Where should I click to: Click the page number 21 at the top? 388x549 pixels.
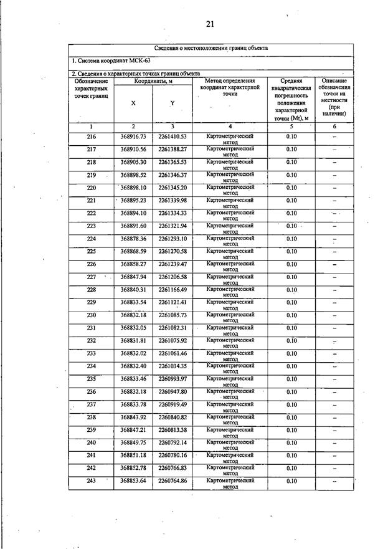pos(210,24)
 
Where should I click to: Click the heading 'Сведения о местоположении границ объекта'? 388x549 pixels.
pos(211,48)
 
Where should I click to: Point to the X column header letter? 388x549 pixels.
pos(133,103)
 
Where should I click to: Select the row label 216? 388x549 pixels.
pos(92,136)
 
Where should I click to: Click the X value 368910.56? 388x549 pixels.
pos(133,149)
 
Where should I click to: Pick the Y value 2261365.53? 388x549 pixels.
pos(173,162)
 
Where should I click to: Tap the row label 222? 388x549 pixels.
pos(92,213)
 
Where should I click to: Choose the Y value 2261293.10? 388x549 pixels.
pos(173,239)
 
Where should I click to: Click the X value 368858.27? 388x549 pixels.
pos(133,264)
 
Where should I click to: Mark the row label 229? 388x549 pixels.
pos(92,302)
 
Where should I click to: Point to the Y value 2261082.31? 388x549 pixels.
pos(173,328)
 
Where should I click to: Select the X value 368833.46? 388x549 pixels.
pos(133,379)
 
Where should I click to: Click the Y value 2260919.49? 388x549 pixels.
pos(173,404)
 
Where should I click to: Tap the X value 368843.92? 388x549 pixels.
pos(133,417)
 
